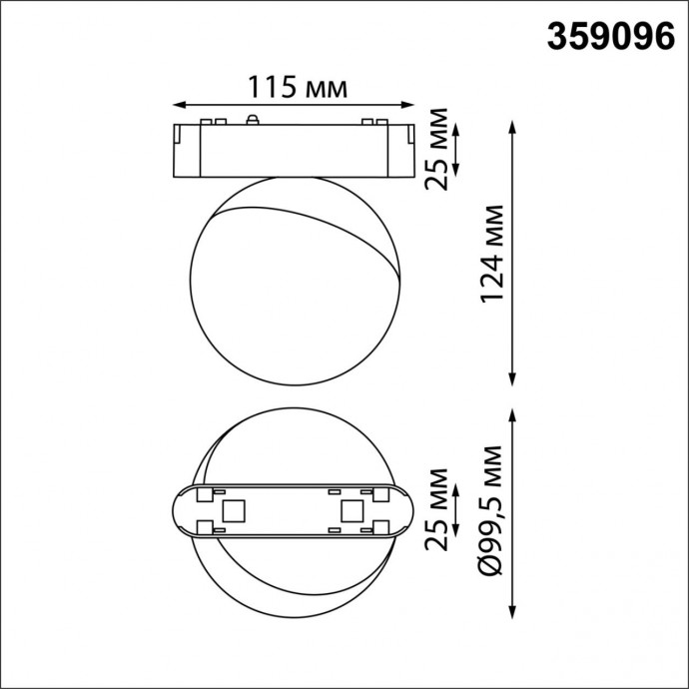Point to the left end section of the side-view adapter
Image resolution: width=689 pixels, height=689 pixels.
pyautogui.click(x=188, y=152)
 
